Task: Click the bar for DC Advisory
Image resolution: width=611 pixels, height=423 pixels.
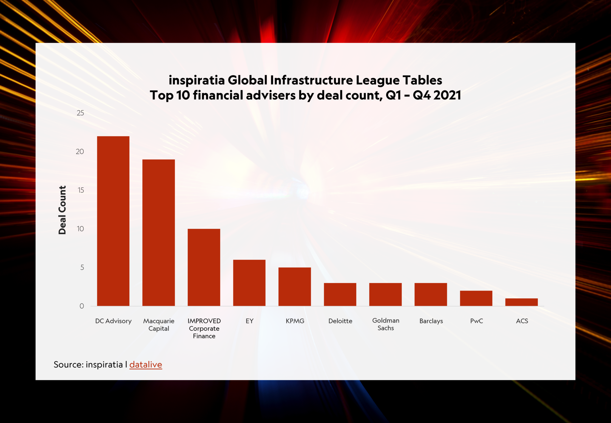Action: (x=113, y=221)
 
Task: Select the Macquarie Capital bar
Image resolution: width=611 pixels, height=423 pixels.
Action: (x=158, y=233)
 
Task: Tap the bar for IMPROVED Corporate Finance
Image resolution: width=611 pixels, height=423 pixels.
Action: (x=204, y=267)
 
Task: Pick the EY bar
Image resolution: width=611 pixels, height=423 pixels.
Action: (x=249, y=283)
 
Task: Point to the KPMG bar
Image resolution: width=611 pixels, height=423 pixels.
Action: (x=294, y=287)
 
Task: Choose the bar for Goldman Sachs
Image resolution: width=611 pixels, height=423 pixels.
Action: (x=385, y=294)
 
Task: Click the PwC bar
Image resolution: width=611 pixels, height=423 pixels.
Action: (x=476, y=298)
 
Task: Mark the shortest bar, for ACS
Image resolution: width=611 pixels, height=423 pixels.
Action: (x=521, y=302)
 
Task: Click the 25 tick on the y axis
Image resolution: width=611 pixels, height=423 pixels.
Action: (x=80, y=113)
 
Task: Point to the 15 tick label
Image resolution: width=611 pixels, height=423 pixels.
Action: (x=81, y=190)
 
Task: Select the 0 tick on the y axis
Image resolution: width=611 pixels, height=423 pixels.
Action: (x=82, y=306)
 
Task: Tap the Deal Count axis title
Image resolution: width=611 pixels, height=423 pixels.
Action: (x=62, y=210)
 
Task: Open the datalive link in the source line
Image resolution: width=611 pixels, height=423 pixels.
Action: (x=146, y=365)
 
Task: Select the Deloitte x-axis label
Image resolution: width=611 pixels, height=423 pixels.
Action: (x=340, y=321)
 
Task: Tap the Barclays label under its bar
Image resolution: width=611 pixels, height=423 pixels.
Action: (x=431, y=321)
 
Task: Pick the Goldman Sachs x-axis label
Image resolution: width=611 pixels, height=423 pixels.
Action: (x=386, y=324)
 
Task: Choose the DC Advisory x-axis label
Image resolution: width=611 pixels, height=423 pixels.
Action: (x=113, y=321)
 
